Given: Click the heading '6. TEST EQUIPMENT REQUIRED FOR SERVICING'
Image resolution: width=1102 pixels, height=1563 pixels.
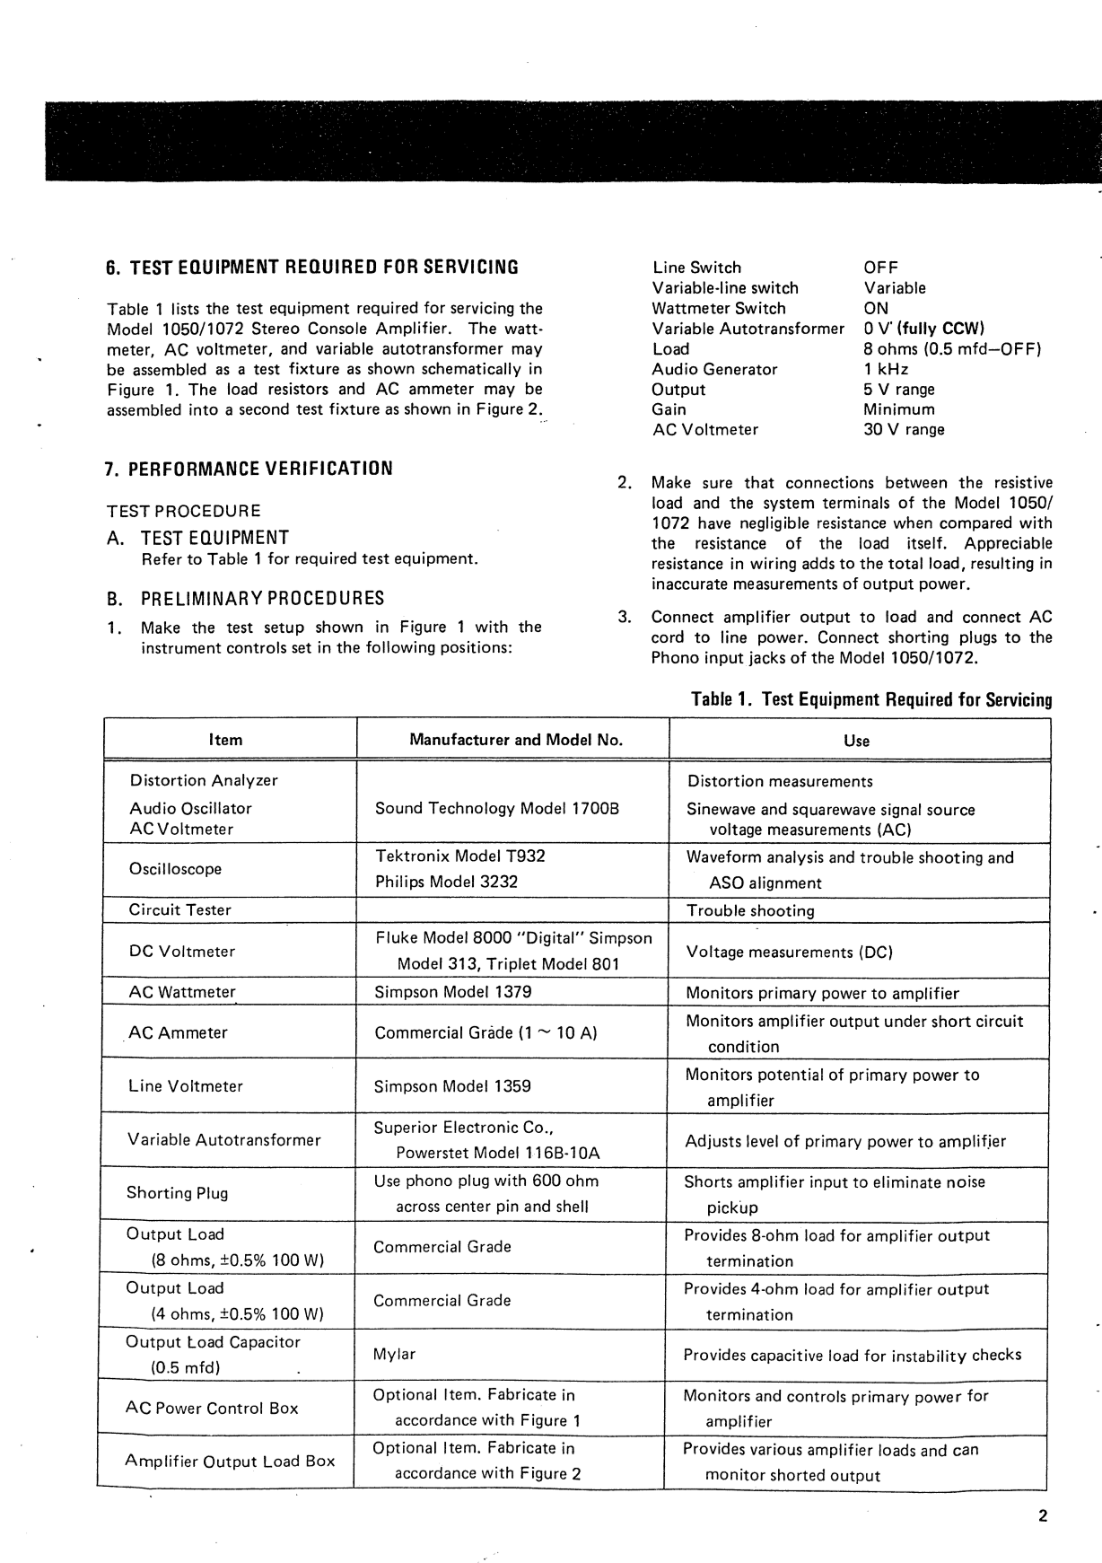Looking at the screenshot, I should click(x=312, y=268).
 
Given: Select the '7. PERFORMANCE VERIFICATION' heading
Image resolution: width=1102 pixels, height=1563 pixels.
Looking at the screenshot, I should click(x=249, y=469).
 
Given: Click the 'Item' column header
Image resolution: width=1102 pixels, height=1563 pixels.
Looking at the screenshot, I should click(x=225, y=740).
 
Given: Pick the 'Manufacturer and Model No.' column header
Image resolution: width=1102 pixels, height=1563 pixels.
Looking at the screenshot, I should click(x=516, y=740).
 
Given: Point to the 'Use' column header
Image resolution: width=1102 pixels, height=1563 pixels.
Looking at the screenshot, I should click(x=856, y=741).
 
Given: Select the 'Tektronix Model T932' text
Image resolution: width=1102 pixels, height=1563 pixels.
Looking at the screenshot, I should click(x=459, y=856).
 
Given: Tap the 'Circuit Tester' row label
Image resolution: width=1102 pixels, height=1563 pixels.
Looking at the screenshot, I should click(x=180, y=909).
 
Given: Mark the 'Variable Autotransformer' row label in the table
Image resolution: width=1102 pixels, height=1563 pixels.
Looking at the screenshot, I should click(x=223, y=1140).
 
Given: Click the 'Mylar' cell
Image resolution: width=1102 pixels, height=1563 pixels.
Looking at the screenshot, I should click(x=395, y=1354).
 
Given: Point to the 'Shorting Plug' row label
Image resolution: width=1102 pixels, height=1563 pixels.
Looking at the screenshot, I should click(x=177, y=1193).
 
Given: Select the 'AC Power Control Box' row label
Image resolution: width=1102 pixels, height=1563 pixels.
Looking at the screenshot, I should click(x=212, y=1408).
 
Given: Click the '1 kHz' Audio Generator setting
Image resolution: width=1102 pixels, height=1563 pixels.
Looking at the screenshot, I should click(x=886, y=369).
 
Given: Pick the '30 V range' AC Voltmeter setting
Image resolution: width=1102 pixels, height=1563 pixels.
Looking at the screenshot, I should click(x=904, y=429).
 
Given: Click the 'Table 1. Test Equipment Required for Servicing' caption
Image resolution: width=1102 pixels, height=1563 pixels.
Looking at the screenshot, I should click(x=871, y=699).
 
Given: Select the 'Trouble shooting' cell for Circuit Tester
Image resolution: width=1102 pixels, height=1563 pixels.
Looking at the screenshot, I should click(x=750, y=910).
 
